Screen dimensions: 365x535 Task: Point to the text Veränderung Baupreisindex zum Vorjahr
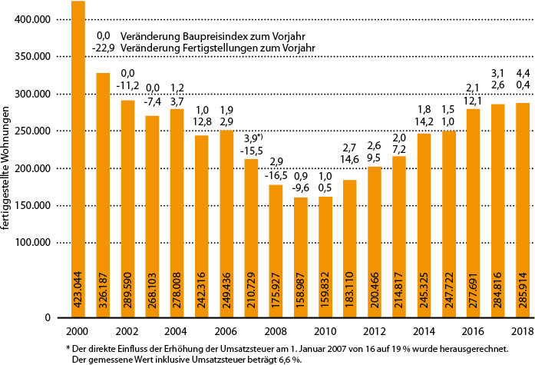pos(206,35)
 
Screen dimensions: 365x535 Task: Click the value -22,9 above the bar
pos(102,48)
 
